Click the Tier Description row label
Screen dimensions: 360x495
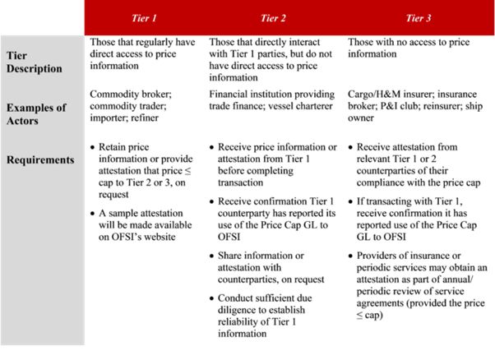(x=34, y=62)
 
